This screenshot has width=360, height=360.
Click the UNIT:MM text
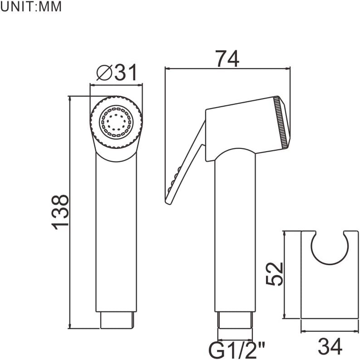[30, 8]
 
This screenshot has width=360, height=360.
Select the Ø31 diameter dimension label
[117, 72]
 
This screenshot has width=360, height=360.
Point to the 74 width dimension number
[227, 59]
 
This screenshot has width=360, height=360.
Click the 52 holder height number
[275, 273]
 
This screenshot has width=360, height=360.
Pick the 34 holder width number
[330, 347]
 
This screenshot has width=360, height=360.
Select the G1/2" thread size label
[236, 350]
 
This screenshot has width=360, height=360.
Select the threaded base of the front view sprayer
[117, 320]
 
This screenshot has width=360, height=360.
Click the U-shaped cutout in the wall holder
[330, 250]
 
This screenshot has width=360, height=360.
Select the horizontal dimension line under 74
[227, 69]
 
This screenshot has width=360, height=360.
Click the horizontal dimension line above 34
[330, 331]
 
